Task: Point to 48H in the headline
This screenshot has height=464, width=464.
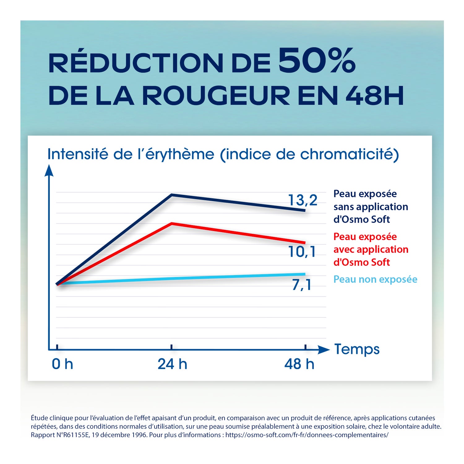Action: (375, 96)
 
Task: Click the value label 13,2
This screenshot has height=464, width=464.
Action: (303, 200)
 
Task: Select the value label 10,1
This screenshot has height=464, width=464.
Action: (302, 251)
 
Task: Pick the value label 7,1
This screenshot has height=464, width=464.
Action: (302, 285)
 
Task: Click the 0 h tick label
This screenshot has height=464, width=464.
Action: (62, 364)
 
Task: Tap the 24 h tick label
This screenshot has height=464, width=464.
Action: (172, 364)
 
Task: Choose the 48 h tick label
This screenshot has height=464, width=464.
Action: (299, 364)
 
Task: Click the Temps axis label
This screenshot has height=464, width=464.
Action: (357, 349)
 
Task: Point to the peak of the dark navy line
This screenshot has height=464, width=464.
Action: (172, 195)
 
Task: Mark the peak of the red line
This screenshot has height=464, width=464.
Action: (172, 223)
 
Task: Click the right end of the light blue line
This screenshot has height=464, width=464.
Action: (304, 274)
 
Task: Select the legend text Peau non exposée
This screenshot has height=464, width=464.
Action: (375, 279)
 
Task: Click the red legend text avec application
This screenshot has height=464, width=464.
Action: (371, 249)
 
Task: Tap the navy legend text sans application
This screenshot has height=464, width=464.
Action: (371, 207)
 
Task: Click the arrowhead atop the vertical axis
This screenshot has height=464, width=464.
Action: (49, 171)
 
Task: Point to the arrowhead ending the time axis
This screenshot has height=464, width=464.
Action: (324, 350)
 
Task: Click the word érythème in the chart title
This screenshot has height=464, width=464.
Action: (180, 154)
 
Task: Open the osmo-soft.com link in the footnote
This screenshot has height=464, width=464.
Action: (307, 435)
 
